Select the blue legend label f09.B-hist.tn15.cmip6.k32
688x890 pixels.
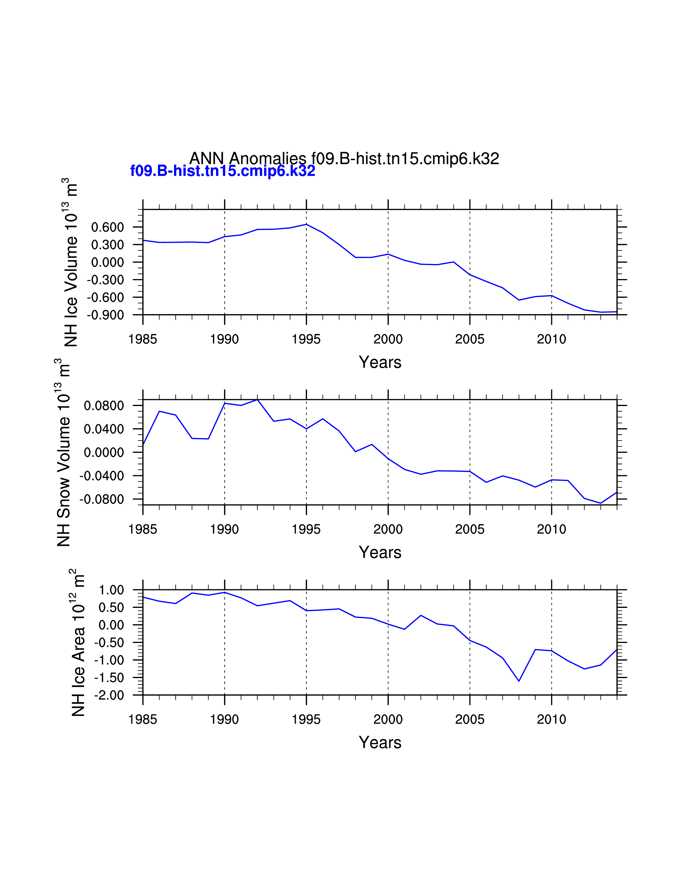[x=223, y=171]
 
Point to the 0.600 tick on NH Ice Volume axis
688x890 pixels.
[x=107, y=227]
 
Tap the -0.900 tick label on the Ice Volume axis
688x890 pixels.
[x=105, y=315]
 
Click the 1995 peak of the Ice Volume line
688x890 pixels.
[x=306, y=224]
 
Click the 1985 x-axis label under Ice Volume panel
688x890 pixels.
[x=143, y=339]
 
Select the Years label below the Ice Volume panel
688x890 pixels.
[x=380, y=362]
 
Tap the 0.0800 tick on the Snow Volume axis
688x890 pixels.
[x=104, y=406]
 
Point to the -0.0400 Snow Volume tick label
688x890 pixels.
[x=101, y=476]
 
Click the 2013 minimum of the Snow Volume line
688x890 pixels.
[x=600, y=503]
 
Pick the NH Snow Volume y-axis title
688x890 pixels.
[x=63, y=452]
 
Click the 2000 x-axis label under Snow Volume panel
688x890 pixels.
[x=388, y=529]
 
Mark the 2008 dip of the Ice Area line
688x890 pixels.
[x=519, y=681]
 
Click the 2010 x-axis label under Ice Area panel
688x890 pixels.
[x=551, y=720]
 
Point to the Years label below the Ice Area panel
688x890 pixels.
[x=380, y=742]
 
